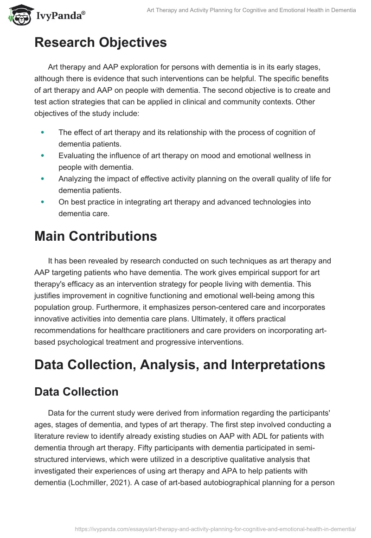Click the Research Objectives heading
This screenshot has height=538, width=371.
point(100,43)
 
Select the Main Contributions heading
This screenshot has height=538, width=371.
point(96,236)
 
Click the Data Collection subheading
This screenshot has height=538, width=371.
point(77,392)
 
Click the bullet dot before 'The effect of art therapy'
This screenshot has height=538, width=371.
point(43,133)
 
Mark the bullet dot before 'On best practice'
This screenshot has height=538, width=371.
point(43,202)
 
